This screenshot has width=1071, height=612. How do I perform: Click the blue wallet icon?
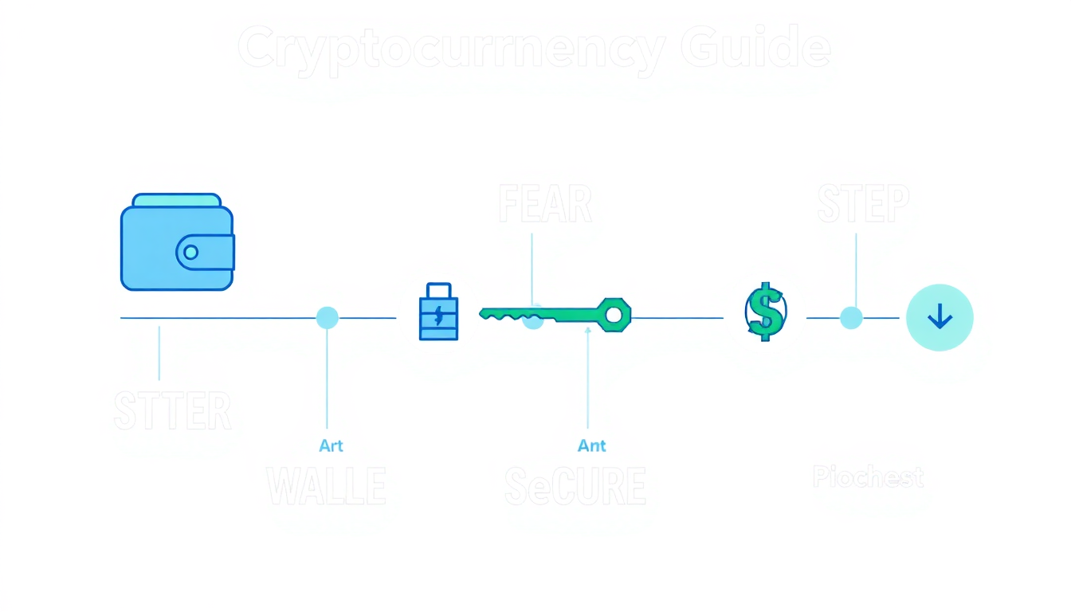(x=177, y=242)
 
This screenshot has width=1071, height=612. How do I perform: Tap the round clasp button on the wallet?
(x=190, y=253)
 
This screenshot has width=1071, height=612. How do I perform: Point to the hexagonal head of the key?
(x=614, y=315)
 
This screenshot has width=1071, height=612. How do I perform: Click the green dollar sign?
(x=766, y=312)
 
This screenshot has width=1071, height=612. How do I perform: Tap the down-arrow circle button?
(x=940, y=318)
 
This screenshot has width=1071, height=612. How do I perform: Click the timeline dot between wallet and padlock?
(x=327, y=318)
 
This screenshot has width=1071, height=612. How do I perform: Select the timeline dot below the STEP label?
(x=851, y=318)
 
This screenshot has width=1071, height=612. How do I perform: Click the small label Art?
(x=331, y=445)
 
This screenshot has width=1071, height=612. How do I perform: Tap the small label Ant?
(x=592, y=445)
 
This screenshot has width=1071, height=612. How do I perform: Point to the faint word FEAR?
(x=545, y=205)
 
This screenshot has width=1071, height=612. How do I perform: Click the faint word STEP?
(x=863, y=205)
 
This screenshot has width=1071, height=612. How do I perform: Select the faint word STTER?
(x=173, y=411)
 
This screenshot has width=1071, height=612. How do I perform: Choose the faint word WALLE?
(x=326, y=486)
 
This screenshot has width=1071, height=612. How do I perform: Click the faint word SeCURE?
(x=575, y=486)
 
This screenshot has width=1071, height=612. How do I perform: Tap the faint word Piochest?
(x=868, y=477)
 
